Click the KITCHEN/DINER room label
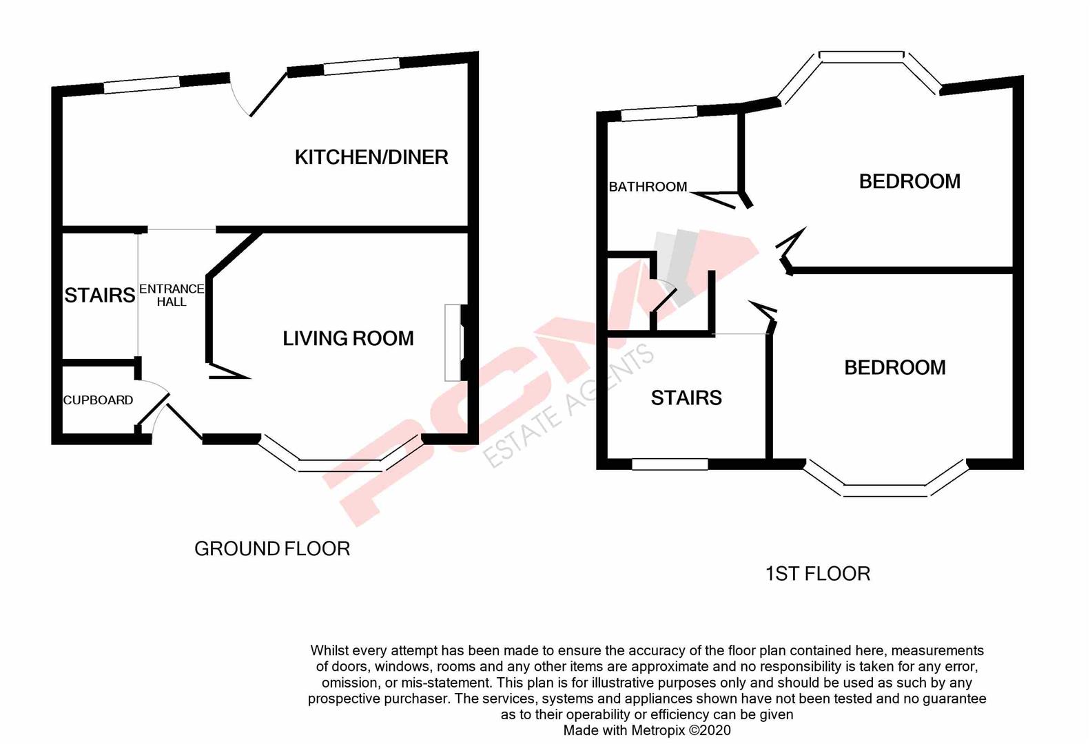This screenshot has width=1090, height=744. coord(371,157)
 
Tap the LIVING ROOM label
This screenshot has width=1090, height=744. coord(348,338)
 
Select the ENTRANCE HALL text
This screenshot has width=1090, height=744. coord(172,295)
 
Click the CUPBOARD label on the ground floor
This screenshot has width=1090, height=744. coord(98,400)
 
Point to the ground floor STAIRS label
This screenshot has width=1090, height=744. coord(99,296)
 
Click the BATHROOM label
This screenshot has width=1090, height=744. coord(648,187)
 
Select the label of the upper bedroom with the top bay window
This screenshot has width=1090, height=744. coord(909,181)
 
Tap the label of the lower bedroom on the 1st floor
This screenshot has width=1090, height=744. coord(894,368)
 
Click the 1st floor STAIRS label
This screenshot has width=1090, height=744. coord(686,397)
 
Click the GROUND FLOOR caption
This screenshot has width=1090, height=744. coord(272,548)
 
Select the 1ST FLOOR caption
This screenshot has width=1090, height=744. coord(817,574)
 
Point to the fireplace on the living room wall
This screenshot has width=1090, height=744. coord(453,342)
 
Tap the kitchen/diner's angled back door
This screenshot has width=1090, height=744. coord(267,94)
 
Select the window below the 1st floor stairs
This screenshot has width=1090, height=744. coord(670,465)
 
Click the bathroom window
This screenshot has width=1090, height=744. coord(659,114)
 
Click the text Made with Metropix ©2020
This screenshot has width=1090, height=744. coord(647,730)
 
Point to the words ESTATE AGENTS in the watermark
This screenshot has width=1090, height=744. coord(568,406)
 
